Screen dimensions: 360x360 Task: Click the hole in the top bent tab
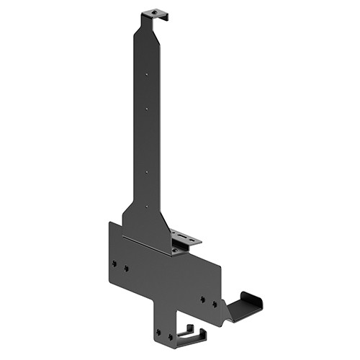pyautogui.click(x=153, y=12)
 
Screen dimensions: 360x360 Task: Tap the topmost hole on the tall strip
pyautogui.click(x=147, y=73)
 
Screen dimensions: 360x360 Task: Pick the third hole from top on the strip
pyautogui.click(x=147, y=172)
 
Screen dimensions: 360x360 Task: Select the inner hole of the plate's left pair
pyautogui.click(x=126, y=268)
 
